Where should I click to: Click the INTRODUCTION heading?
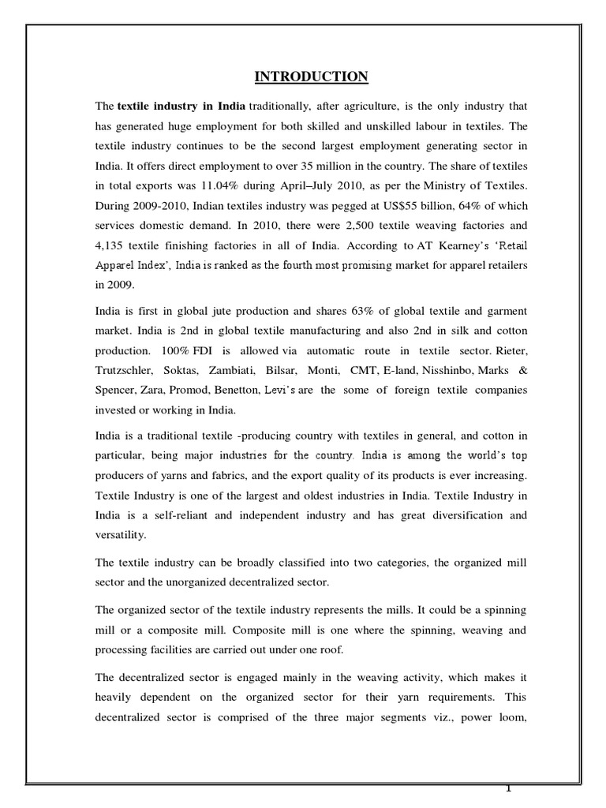pos(310,77)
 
